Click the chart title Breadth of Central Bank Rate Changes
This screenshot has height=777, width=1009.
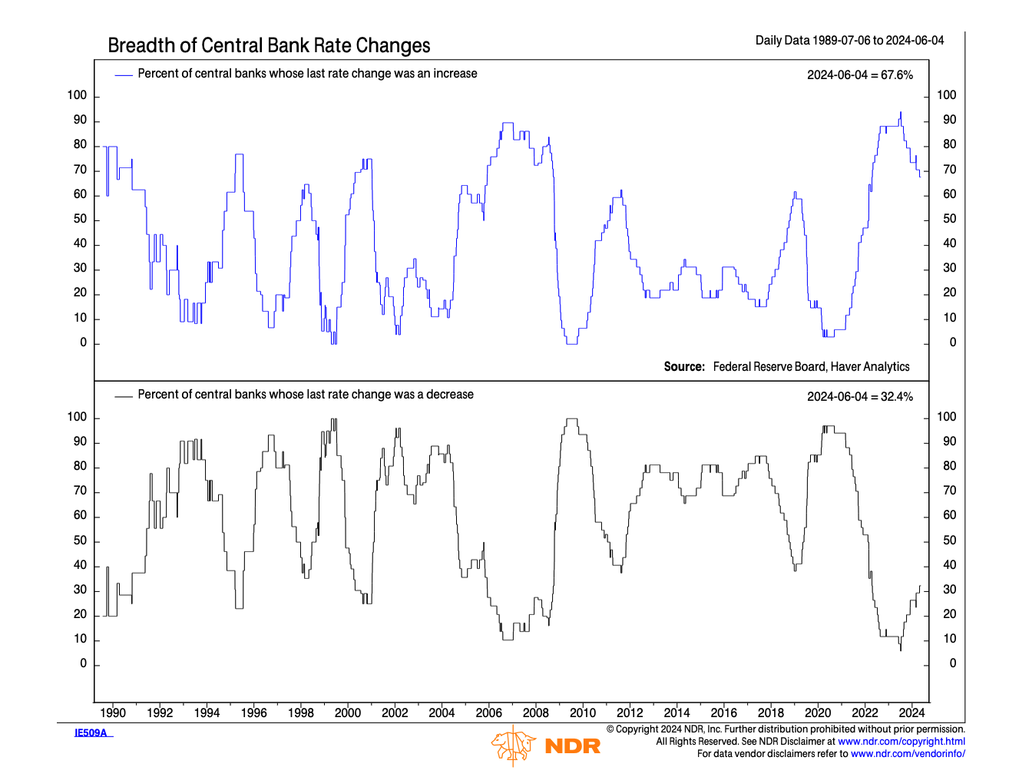(x=269, y=45)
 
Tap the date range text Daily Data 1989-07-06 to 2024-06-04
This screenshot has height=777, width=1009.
(x=849, y=40)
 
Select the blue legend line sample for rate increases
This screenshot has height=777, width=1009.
(x=124, y=74)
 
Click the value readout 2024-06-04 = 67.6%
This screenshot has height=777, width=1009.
(x=860, y=74)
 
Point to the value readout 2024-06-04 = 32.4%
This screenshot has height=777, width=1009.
(x=860, y=396)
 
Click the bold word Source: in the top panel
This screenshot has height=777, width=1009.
(x=684, y=367)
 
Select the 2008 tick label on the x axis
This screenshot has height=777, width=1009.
(x=536, y=713)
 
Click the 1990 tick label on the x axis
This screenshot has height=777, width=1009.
(x=113, y=713)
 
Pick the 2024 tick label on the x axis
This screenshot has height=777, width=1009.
(x=911, y=713)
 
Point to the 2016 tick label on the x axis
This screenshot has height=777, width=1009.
(x=723, y=713)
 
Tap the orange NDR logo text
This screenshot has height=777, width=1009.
(x=572, y=746)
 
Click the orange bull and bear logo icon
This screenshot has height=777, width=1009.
(x=513, y=746)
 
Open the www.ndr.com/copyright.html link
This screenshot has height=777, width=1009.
(x=901, y=742)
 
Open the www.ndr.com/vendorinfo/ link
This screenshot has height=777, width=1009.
(x=908, y=754)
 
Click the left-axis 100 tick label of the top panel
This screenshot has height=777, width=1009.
(x=78, y=95)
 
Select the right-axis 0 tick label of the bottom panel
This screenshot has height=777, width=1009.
(x=953, y=663)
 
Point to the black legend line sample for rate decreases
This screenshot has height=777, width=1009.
(x=124, y=395)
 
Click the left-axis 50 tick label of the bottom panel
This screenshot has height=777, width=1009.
(x=81, y=541)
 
